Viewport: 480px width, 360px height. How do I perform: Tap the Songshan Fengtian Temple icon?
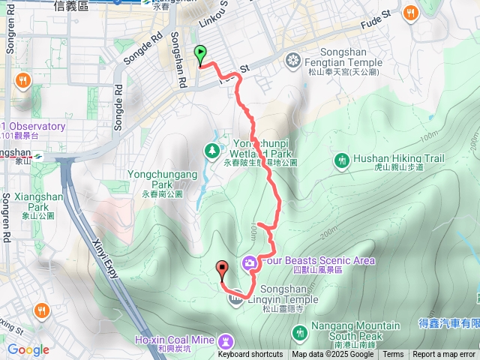[293, 59]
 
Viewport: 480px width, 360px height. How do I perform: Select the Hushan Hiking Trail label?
[398, 158]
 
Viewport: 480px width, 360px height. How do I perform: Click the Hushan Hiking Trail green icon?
[343, 160]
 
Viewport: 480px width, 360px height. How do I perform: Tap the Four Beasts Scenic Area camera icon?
[249, 262]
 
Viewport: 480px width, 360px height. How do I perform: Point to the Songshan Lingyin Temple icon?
[235, 298]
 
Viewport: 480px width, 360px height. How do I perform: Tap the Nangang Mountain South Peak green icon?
[300, 331]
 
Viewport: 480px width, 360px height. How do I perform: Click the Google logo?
[28, 349]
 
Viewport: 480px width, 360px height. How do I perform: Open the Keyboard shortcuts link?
[250, 355]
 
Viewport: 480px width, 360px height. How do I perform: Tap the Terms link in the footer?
[393, 355]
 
